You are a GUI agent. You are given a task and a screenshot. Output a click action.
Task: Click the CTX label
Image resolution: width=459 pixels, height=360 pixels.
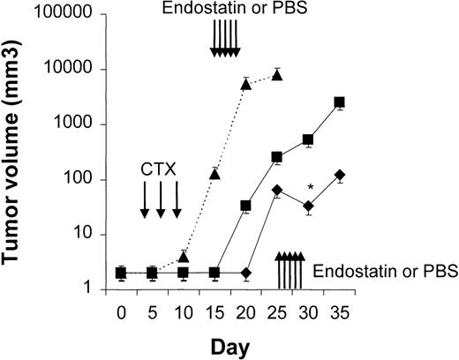(x=160, y=168)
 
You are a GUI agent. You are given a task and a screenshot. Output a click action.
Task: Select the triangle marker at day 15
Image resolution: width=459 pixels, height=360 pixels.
(x=214, y=172)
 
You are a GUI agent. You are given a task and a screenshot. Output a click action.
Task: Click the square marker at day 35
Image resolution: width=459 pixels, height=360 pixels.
(x=340, y=103)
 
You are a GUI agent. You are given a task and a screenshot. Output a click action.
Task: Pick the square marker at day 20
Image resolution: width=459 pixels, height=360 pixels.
(x=246, y=206)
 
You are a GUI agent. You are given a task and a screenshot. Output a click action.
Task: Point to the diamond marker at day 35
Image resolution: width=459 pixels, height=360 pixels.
(x=340, y=176)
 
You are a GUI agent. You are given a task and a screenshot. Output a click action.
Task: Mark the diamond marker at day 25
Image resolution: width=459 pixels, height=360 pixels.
(x=277, y=190)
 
